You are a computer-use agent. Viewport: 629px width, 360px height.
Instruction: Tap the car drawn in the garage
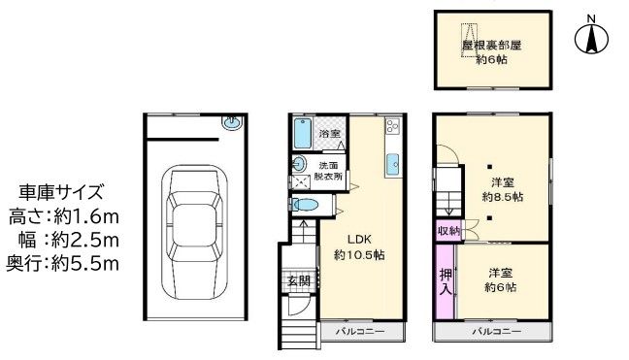[195, 232]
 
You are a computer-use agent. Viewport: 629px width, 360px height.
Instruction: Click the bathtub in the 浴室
[303, 134]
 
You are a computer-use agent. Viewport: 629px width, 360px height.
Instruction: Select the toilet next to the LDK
[305, 205]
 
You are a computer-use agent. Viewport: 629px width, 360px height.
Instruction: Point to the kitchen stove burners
[391, 126]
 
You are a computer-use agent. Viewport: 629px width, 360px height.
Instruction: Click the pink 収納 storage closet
[448, 231]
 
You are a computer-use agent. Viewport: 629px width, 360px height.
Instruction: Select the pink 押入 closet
[446, 281]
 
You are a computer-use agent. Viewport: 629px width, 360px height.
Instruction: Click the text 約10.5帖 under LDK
[359, 255]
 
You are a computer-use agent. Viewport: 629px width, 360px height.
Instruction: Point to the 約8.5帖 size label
[502, 197]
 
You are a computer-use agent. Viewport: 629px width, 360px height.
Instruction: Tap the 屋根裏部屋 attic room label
[492, 46]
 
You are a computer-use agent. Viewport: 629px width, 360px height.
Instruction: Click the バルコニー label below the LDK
[360, 332]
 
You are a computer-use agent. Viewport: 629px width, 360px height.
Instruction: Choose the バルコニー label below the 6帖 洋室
[497, 332]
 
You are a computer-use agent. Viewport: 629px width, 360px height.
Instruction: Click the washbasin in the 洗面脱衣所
[299, 164]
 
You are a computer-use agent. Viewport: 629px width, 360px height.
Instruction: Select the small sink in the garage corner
[232, 122]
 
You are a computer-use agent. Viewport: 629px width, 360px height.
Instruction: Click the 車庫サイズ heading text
[61, 193]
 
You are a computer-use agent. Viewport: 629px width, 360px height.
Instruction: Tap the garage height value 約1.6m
[86, 217]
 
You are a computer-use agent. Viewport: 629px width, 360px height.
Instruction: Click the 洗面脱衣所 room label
[328, 171]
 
